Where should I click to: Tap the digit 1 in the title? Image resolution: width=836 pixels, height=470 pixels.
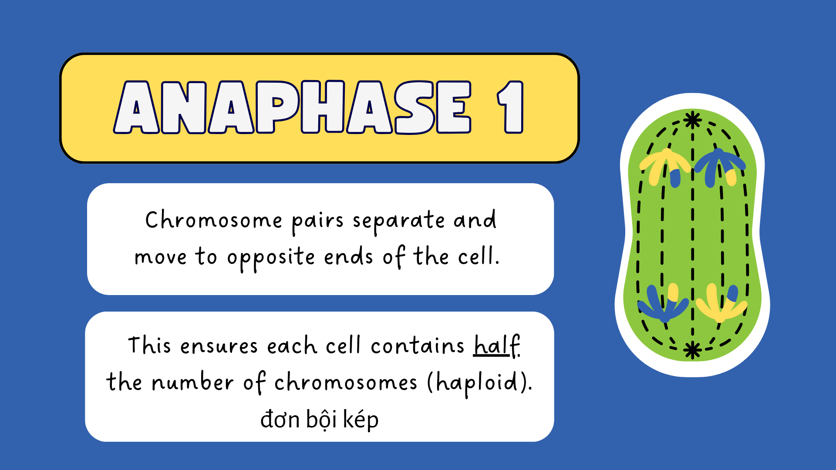(510, 107)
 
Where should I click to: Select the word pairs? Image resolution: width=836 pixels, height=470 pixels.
(318, 222)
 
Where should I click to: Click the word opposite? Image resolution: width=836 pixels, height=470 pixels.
(271, 258)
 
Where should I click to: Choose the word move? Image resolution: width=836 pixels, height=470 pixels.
(161, 258)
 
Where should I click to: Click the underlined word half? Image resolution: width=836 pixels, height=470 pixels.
(497, 346)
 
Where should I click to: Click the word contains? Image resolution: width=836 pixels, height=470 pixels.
(418, 346)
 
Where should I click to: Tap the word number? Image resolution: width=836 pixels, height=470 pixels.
(192, 382)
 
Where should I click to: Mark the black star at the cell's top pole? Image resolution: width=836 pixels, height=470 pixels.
(692, 120)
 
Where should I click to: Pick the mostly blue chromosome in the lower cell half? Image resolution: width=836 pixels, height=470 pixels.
(663, 303)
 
